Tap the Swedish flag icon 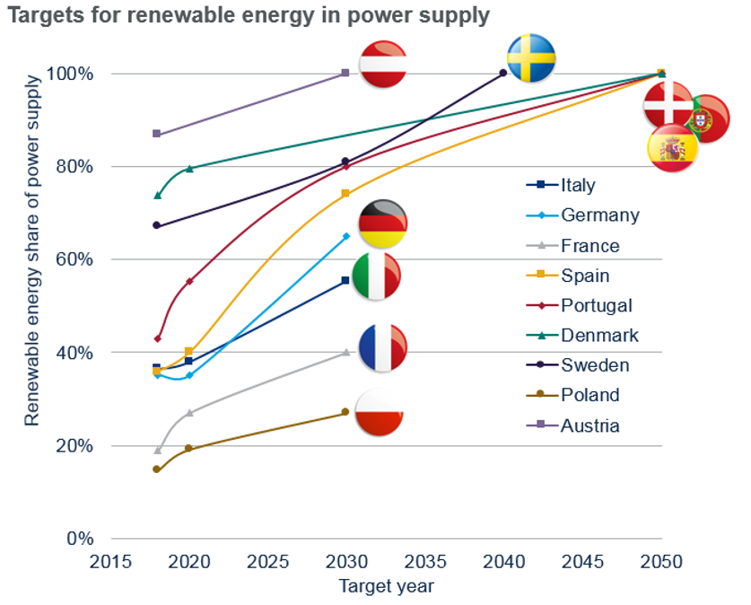click(x=531, y=57)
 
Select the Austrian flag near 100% click(x=383, y=64)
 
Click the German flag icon click(x=383, y=224)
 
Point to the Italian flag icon click(x=377, y=276)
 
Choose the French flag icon click(x=383, y=348)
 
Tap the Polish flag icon click(x=380, y=413)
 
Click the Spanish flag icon click(x=672, y=148)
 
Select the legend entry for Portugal click(x=597, y=305)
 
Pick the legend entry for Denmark click(x=599, y=335)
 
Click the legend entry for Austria click(x=589, y=425)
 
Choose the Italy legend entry click(x=578, y=185)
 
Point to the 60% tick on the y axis click(x=74, y=259)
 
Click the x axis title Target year click(x=386, y=587)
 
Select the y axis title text click(x=32, y=250)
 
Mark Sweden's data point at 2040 click(x=502, y=74)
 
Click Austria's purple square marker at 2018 click(x=156, y=134)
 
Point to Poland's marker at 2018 click(x=156, y=469)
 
